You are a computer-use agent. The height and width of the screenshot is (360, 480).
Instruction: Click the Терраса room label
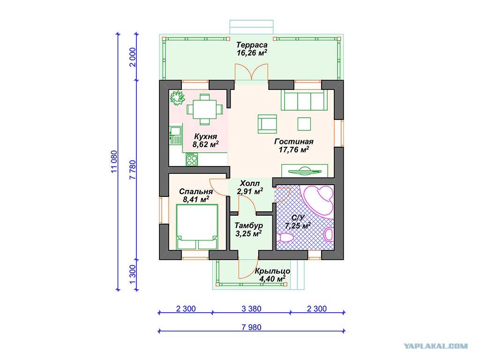tap(252, 45)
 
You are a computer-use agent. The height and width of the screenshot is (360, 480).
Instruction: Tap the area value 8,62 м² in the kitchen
tap(205, 144)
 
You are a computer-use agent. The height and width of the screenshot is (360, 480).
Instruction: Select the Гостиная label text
tap(294, 142)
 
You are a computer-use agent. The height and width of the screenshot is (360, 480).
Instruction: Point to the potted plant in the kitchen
tap(177, 97)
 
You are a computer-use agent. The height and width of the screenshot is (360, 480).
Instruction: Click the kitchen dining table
tap(205, 109)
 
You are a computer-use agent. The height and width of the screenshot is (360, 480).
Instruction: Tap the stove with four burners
tap(192, 159)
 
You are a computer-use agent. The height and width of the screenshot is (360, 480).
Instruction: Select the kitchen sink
tap(175, 135)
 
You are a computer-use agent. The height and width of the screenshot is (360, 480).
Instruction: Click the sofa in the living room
tap(304, 100)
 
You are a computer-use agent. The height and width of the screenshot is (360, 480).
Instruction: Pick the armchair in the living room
tap(267, 124)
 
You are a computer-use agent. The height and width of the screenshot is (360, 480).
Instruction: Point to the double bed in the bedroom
tap(197, 227)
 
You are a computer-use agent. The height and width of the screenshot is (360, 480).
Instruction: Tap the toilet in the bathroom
tap(285, 237)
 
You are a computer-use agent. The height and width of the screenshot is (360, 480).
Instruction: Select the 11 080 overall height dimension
tap(114, 162)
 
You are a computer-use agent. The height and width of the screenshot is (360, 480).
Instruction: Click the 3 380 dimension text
tap(251, 308)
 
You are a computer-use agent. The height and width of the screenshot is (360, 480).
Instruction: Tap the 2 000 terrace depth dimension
tap(133, 57)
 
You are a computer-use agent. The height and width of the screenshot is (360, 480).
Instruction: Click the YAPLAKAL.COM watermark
tap(435, 346)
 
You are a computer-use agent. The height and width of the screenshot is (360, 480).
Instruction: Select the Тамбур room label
tap(248, 225)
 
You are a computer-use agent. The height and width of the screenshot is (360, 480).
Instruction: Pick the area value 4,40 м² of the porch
tap(272, 279)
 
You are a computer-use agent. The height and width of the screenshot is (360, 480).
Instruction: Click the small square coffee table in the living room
tap(304, 124)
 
